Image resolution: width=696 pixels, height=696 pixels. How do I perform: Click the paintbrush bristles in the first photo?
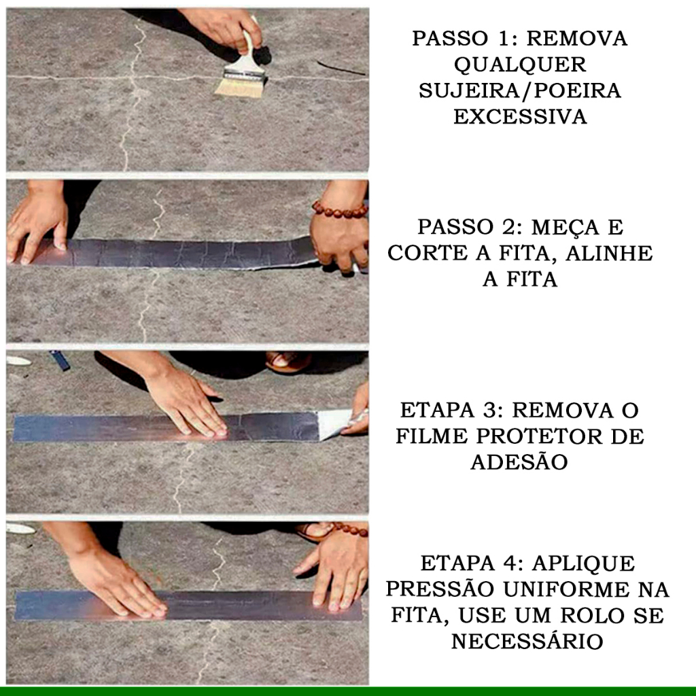(x=239, y=87)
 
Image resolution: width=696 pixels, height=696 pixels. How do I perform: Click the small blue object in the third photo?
(x=60, y=360)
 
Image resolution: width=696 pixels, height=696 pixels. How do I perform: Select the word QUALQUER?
(x=519, y=65)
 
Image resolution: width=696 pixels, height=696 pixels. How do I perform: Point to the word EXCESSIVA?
(x=520, y=116)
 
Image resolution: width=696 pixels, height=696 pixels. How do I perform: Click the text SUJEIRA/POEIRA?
(x=520, y=90)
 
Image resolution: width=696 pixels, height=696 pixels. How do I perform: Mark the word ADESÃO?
(x=519, y=462)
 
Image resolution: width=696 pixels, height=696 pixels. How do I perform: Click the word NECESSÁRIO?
(x=527, y=641)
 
